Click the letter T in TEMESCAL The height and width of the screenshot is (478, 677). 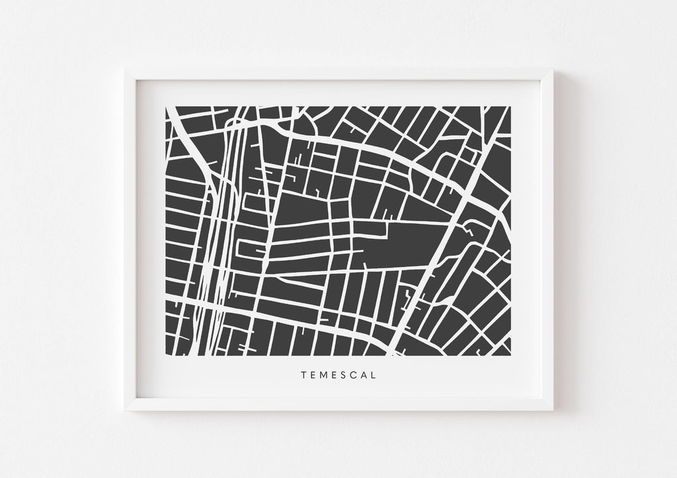[303, 375]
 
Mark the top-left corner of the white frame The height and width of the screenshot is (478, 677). [124, 68]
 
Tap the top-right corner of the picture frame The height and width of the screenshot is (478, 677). [553, 68]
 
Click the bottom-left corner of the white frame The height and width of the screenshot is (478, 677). [124, 410]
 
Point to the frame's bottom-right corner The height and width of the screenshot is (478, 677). [553, 410]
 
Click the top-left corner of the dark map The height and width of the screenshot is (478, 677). [165, 106]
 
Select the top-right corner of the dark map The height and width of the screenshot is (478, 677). [510, 106]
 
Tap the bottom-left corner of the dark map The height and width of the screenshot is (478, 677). [165, 356]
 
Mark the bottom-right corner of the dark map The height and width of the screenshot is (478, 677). [510, 356]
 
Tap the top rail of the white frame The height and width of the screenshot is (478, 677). [338, 74]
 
